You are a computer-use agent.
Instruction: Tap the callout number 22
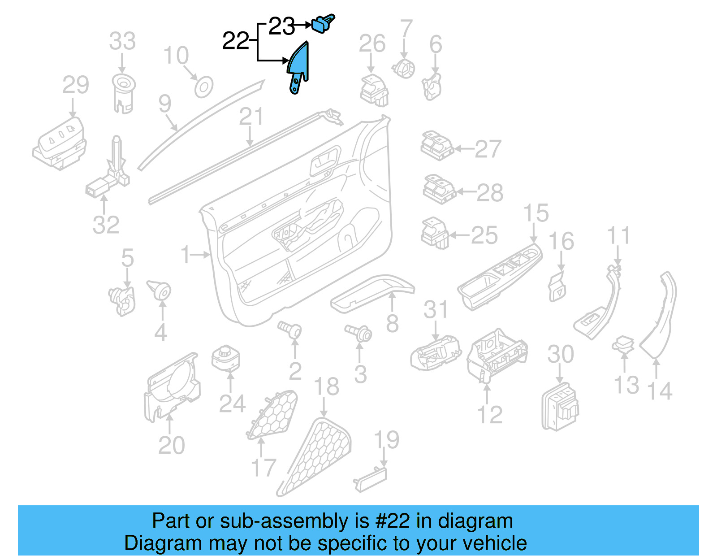click(x=235, y=41)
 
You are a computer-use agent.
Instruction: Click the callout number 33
click(x=122, y=41)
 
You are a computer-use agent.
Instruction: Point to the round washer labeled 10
click(x=203, y=87)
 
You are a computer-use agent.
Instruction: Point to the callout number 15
click(x=536, y=213)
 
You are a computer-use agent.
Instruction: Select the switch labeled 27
click(x=437, y=146)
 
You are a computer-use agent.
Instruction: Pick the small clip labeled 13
click(x=623, y=344)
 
